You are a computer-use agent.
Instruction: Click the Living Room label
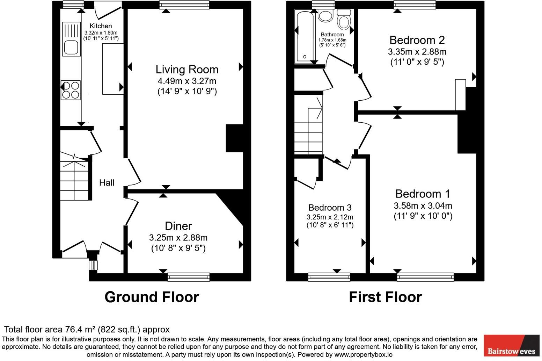[x=187, y=70]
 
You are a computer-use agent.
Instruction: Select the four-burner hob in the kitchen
[x=71, y=90]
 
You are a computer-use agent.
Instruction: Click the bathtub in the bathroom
[x=305, y=36]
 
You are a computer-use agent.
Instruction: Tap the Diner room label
[x=178, y=226]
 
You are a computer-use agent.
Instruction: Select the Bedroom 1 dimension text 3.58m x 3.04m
[x=423, y=205]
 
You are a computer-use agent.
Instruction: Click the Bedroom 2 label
[x=417, y=40]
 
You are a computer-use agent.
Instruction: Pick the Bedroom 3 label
[x=330, y=208]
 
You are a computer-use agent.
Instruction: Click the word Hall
[x=107, y=182]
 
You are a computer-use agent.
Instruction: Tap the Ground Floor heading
[x=152, y=297]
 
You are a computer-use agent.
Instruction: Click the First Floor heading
[x=385, y=297]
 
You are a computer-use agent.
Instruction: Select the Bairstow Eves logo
[x=511, y=346]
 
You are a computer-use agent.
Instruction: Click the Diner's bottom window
[x=189, y=277]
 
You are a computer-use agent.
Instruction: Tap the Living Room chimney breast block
[x=235, y=138]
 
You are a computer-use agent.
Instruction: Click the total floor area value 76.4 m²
[x=81, y=330]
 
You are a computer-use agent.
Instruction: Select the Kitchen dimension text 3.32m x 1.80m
[x=101, y=33]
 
